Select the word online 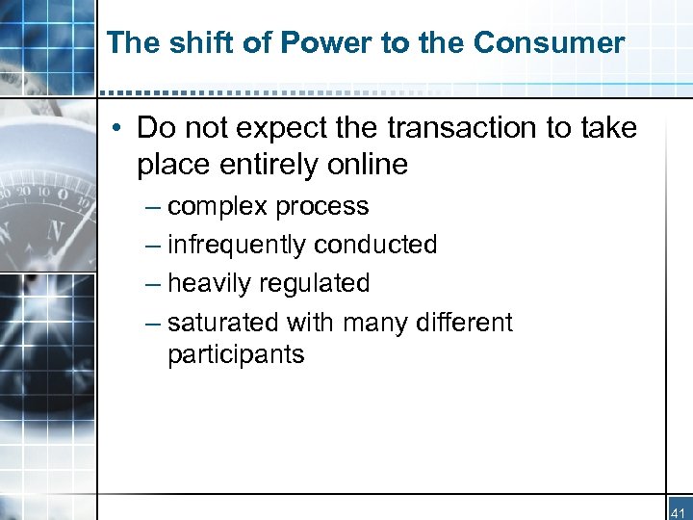pyautogui.click(x=368, y=165)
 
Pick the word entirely pyautogui.click(x=270, y=165)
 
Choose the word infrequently pyautogui.click(x=237, y=245)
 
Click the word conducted pyautogui.click(x=376, y=245)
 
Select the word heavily pyautogui.click(x=206, y=283)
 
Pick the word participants pyautogui.click(x=236, y=354)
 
